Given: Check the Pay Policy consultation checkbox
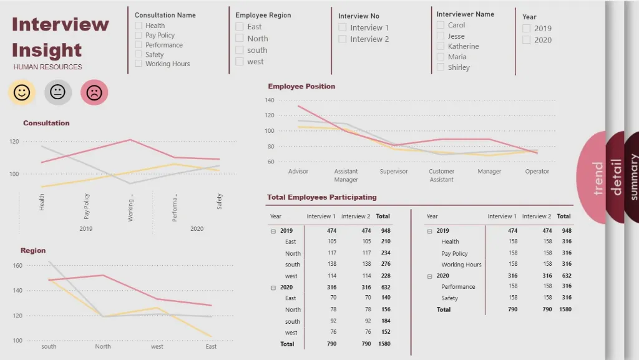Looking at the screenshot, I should point(139,36).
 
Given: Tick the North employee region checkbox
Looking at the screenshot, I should point(240,39).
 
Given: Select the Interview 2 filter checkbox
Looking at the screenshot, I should point(343,39).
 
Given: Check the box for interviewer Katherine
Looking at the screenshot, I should point(441,46).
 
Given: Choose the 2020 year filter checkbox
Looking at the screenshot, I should point(527,40).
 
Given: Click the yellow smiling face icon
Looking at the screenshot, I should point(22,93).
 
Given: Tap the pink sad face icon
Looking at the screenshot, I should point(94,93).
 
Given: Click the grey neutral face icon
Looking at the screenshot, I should point(58,93).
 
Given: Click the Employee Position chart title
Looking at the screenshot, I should point(301,87).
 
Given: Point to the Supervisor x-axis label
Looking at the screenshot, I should point(394,172).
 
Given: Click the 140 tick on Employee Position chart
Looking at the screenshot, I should point(270,100).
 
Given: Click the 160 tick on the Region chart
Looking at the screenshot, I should point(17,266).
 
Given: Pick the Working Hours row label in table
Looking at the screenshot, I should point(461,265).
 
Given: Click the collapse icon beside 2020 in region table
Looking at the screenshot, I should point(273,288).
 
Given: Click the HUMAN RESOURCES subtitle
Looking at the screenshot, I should point(47,67).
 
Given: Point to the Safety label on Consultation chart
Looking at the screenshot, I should point(220,201).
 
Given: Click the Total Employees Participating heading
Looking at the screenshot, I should point(322,197).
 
